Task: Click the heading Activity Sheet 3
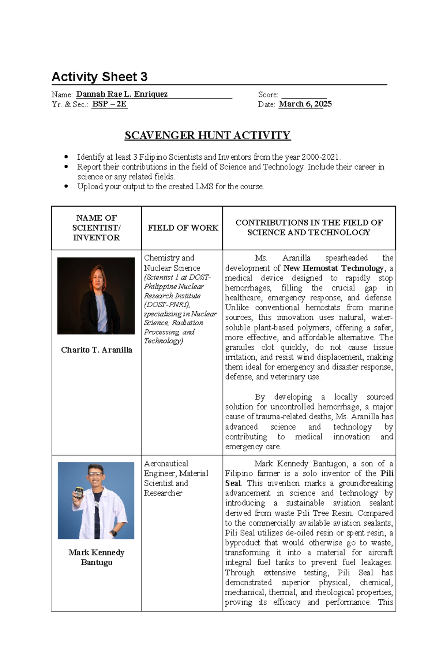click(99, 77)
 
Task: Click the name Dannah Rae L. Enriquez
click(121, 94)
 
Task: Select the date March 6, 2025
click(305, 104)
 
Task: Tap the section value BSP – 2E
click(109, 104)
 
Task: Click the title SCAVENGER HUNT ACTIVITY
click(207, 135)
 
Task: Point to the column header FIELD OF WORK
click(183, 228)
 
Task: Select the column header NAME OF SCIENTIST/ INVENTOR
click(96, 228)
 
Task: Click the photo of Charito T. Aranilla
click(96, 296)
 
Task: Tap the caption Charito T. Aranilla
click(97, 350)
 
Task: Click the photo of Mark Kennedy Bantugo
click(96, 500)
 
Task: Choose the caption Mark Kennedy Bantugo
click(97, 557)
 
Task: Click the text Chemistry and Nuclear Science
click(171, 263)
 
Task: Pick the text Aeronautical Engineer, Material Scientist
click(176, 473)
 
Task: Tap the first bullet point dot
click(66, 157)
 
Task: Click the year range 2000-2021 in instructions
click(320, 157)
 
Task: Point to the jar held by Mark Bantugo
click(79, 493)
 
